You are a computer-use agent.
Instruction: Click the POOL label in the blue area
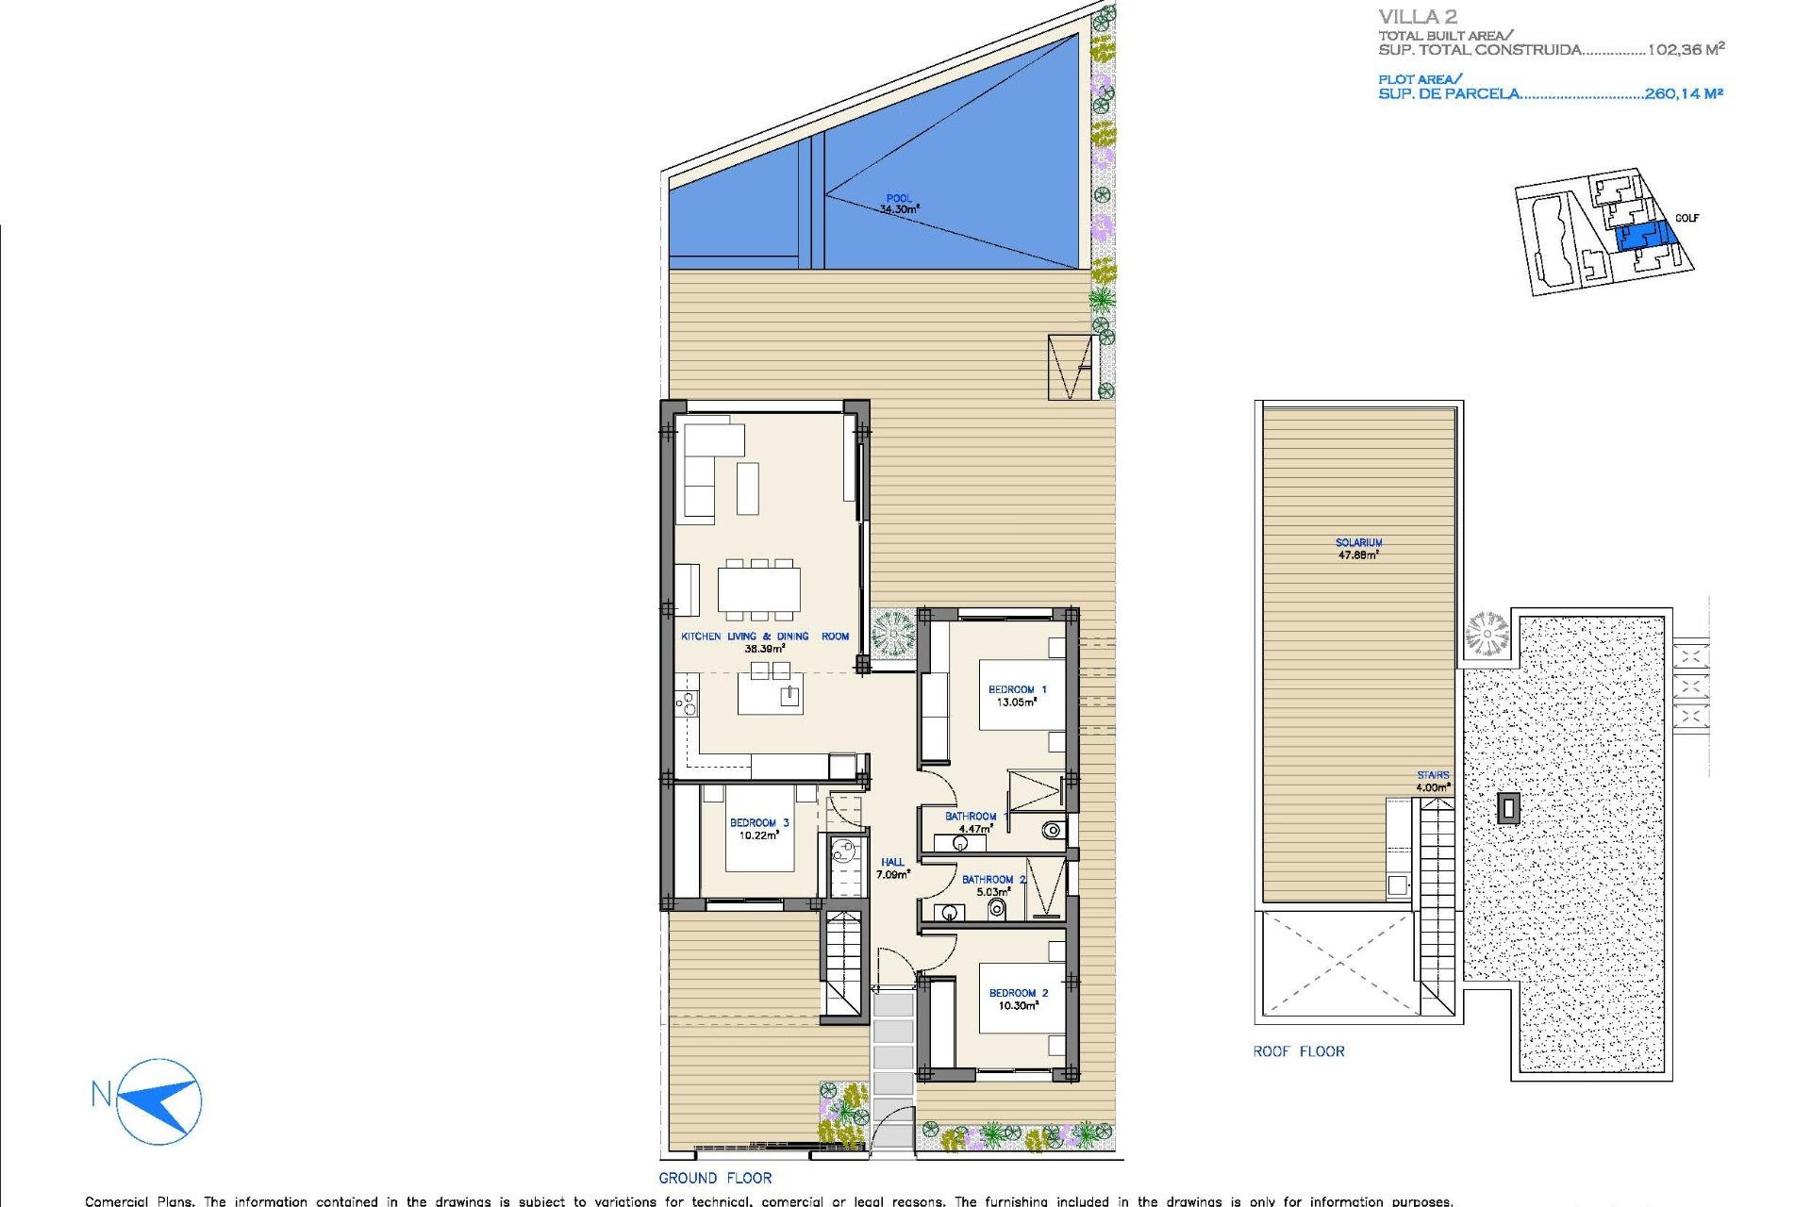pos(899,199)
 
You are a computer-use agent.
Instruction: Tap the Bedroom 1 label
pos(1017,689)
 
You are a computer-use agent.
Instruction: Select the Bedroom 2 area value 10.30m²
pos(1018,1006)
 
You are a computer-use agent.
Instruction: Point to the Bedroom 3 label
pos(758,822)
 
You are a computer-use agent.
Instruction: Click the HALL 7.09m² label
pos(892,868)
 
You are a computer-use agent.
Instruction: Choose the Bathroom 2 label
pos(993,879)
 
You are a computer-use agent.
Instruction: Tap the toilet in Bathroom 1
pos(1052,831)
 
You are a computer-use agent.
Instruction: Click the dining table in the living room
pos(758,588)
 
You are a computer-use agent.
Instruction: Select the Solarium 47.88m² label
pos(1358,549)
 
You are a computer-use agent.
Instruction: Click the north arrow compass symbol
pos(160,1100)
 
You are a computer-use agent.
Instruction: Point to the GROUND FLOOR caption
pos(715,1178)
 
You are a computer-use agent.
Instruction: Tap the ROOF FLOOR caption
pos(1298,1051)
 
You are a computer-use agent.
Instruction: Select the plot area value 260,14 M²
pos(1684,93)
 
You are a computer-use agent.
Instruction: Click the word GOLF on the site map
pos(1686,218)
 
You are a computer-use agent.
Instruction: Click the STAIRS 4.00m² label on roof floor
pos(1433,781)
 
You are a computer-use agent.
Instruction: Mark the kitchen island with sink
pos(770,697)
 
